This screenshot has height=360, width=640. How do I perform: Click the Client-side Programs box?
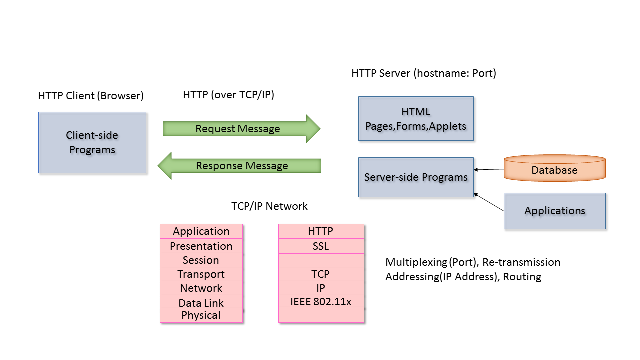pyautogui.click(x=92, y=143)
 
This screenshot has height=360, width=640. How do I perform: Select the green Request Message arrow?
pyautogui.click(x=241, y=129)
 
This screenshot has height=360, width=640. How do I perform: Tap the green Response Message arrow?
pyautogui.click(x=239, y=166)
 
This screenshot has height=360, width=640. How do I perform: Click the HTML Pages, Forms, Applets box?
pyautogui.click(x=416, y=119)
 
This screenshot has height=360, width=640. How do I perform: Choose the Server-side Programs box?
pyautogui.click(x=416, y=177)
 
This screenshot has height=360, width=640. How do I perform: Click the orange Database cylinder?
pyautogui.click(x=555, y=168)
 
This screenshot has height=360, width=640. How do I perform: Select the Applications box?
pyautogui.click(x=555, y=211)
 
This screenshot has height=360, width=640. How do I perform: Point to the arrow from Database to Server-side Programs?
pyautogui.click(x=489, y=169)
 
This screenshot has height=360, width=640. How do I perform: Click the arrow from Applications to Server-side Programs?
pyautogui.click(x=489, y=202)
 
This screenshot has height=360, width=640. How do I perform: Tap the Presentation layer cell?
pyautogui.click(x=201, y=246)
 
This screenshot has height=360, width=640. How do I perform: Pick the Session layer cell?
pyautogui.click(x=201, y=260)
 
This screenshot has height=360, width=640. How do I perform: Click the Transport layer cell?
pyautogui.click(x=201, y=274)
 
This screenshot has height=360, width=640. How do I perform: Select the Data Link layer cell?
pyautogui.click(x=201, y=301)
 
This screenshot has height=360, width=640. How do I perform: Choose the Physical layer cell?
pyautogui.click(x=201, y=315)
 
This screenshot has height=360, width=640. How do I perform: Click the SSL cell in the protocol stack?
pyautogui.click(x=321, y=246)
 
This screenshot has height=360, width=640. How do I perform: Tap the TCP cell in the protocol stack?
pyautogui.click(x=321, y=274)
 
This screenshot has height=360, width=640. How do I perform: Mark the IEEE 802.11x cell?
pyautogui.click(x=321, y=301)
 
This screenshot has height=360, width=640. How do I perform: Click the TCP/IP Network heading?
pyautogui.click(x=269, y=206)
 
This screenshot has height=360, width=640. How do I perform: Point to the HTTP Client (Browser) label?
pyautogui.click(x=91, y=96)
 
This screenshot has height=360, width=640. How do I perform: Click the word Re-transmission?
pyautogui.click(x=521, y=262)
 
